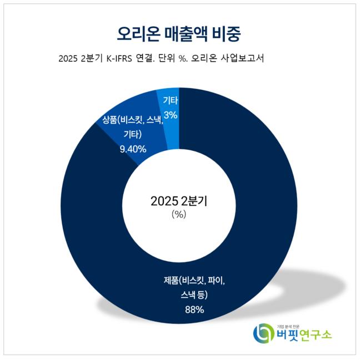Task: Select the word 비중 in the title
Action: (x=228, y=33)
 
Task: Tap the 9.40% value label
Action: (x=133, y=149)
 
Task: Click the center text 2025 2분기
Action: (x=179, y=201)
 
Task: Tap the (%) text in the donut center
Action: (x=179, y=215)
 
